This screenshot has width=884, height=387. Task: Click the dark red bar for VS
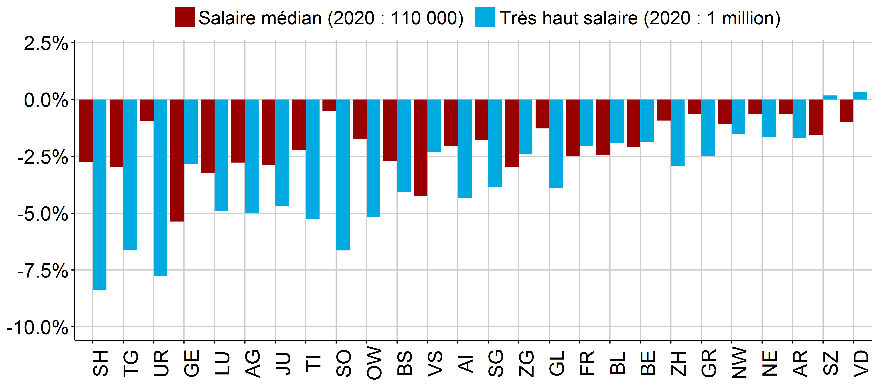420,148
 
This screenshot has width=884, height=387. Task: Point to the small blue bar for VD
860,96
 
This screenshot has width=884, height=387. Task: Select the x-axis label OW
374,363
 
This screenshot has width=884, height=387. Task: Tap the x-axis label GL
557,363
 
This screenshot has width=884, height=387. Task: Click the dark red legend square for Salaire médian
185,17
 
